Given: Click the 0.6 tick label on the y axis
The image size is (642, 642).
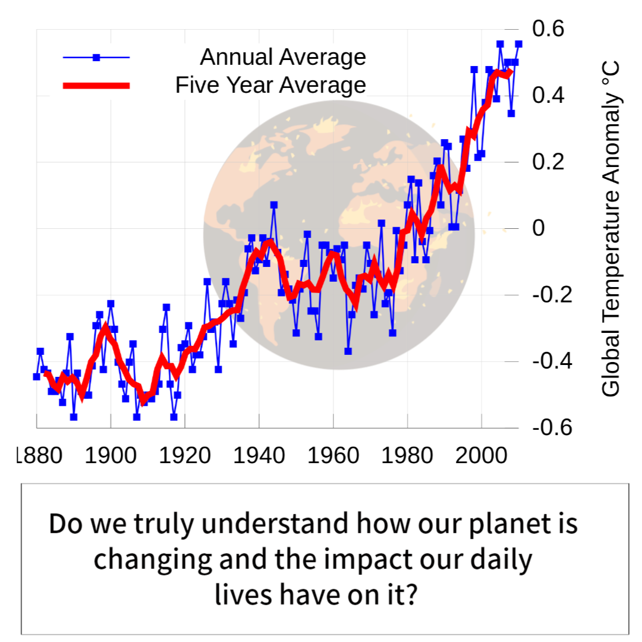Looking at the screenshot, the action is (548, 29).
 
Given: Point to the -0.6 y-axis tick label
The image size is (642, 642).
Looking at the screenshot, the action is (552, 427).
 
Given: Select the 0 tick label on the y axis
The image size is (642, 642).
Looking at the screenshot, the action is (539, 228).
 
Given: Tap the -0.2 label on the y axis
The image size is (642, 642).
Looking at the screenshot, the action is (552, 294).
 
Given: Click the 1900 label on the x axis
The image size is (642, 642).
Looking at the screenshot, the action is (111, 455).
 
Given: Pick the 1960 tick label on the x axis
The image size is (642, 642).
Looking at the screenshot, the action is (333, 455).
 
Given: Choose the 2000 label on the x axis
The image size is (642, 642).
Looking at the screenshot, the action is (481, 455).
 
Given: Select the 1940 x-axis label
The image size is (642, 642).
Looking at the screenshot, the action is (259, 455).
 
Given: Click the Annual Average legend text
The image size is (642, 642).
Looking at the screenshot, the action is (283, 56).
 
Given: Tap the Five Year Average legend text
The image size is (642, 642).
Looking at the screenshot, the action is (270, 85).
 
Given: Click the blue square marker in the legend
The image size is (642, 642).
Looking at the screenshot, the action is (97, 57).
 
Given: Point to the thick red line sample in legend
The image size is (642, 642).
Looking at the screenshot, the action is (96, 86).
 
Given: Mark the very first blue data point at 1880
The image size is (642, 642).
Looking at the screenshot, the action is (36, 377).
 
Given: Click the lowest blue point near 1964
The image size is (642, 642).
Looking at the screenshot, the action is (348, 351).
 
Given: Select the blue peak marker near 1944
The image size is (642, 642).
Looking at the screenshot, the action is (274, 204).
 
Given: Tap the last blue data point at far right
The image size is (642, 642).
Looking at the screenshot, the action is (518, 44).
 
